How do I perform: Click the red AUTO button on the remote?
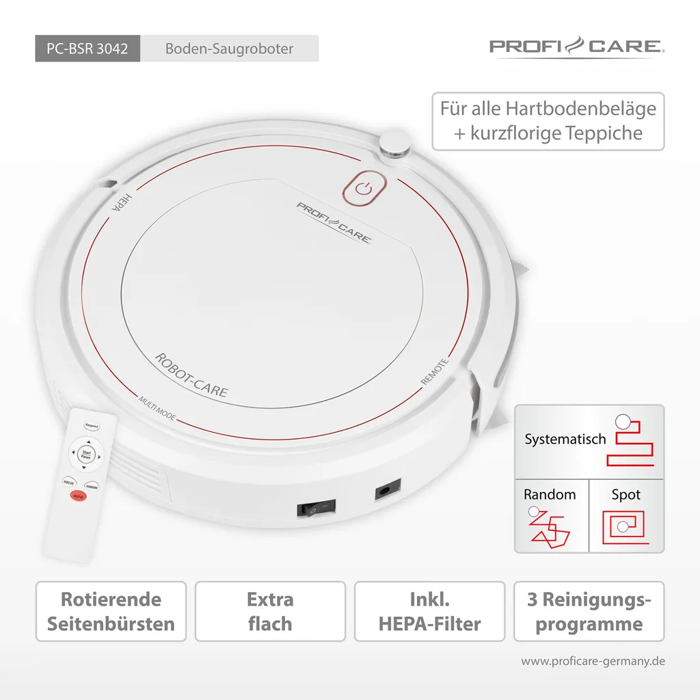click(x=78, y=495)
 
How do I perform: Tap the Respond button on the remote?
click(x=91, y=426)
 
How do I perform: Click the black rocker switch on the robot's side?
click(x=317, y=507)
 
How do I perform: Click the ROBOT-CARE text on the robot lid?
click(x=191, y=375)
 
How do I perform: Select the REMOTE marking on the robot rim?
click(x=435, y=372)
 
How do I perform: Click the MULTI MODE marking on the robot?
click(x=157, y=408)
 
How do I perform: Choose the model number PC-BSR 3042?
click(x=87, y=49)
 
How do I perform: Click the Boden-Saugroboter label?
click(x=229, y=49)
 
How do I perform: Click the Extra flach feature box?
click(x=270, y=612)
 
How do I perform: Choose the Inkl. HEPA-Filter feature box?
click(x=429, y=612)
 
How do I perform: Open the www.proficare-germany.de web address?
click(x=593, y=661)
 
